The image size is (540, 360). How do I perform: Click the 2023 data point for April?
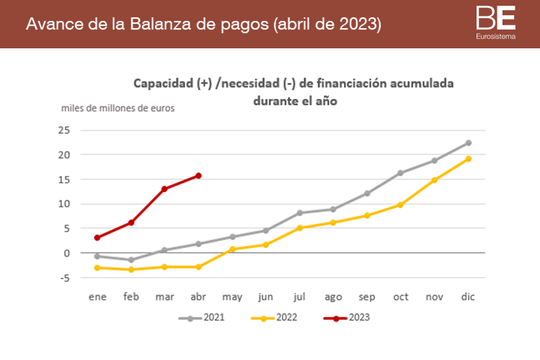(198, 175)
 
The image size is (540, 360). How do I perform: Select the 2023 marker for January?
(97, 237)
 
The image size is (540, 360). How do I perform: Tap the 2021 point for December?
(468, 143)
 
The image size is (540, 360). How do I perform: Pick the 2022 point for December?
(468, 159)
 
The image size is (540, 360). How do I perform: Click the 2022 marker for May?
(232, 249)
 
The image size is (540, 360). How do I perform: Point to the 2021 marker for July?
(299, 213)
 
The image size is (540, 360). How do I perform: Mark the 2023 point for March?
(164, 189)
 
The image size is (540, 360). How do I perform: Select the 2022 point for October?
(400, 205)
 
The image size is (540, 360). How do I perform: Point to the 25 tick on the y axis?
(64, 130)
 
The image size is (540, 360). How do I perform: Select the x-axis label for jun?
(265, 297)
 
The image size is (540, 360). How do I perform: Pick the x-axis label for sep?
(366, 297)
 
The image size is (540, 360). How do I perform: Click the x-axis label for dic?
(468, 297)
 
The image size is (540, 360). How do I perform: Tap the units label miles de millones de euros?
(118, 108)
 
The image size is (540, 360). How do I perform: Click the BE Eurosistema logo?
(495, 22)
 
